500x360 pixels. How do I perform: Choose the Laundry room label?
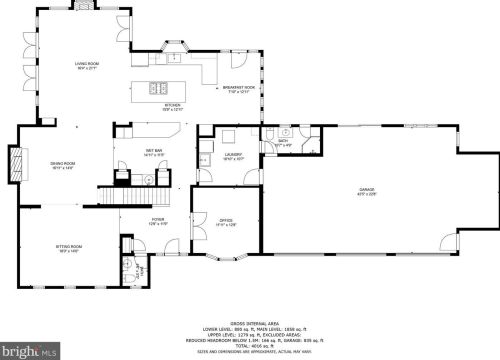(232, 156)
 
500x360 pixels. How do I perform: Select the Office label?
(227, 224)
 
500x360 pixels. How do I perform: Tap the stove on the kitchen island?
(158, 89)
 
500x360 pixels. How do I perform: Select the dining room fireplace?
(14, 163)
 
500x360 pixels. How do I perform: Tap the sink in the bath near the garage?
(284, 132)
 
